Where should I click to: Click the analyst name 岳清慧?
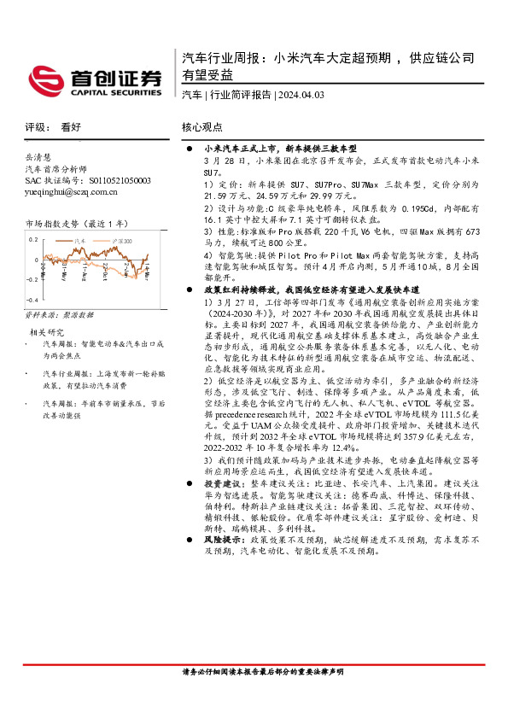pos(38,158)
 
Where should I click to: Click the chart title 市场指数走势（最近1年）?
pos(77,223)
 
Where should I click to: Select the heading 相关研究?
pos(47,331)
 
